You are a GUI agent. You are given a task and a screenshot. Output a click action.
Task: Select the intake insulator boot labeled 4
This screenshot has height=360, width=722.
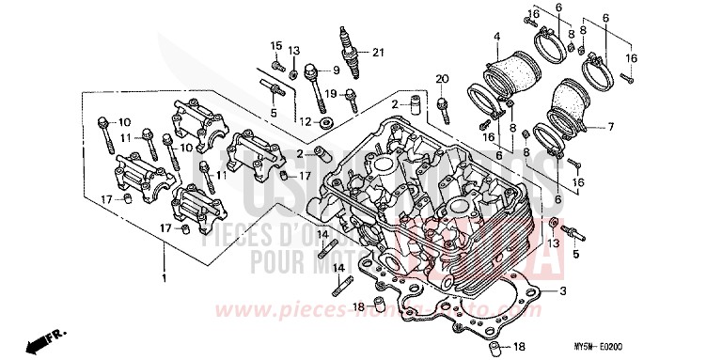click(508, 75)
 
